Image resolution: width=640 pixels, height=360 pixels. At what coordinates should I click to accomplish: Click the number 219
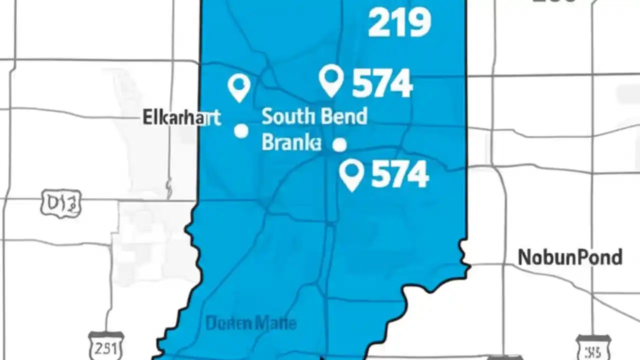399,23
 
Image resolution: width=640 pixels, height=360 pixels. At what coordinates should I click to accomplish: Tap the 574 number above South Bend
382,83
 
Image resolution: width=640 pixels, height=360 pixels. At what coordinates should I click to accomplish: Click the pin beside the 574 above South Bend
331,80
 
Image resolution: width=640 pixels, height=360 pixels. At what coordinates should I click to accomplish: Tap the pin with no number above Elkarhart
239,87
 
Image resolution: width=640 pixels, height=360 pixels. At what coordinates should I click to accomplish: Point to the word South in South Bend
283,116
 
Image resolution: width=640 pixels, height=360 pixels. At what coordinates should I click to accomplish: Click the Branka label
291,143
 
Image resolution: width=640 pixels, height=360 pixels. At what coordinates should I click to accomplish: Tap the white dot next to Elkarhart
241,131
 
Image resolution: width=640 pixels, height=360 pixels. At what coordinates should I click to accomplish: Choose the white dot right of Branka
339,145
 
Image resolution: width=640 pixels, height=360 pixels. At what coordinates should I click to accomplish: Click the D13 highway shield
61,203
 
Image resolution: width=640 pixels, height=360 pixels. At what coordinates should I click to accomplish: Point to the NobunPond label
570,257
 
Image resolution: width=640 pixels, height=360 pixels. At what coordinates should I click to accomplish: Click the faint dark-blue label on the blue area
251,323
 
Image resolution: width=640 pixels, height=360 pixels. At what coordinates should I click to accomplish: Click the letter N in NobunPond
524,257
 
